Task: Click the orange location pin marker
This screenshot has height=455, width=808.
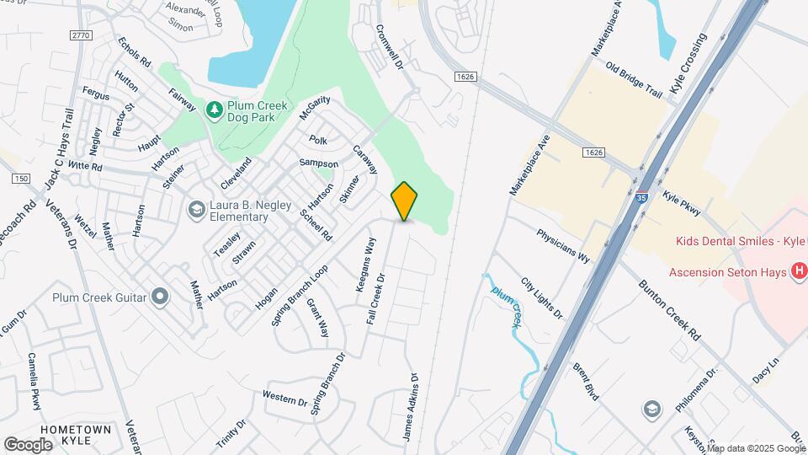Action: [405, 201]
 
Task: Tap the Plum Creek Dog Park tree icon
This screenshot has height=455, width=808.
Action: [215, 109]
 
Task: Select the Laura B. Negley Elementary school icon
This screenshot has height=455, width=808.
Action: [196, 209]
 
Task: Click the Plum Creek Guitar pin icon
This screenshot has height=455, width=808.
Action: [160, 297]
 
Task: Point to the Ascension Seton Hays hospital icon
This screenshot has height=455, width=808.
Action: [799, 271]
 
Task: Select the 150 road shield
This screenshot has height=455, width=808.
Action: [21, 179]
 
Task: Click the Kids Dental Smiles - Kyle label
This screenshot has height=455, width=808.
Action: [736, 241]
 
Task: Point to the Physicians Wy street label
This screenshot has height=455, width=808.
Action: [563, 243]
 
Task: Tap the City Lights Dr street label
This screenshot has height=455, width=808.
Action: [541, 299]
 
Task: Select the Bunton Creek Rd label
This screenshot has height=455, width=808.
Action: [669, 310]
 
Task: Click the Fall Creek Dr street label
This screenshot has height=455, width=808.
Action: [375, 299]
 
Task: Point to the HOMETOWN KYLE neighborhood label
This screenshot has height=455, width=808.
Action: [75, 436]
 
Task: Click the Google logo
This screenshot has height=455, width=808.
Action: [29, 444]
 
